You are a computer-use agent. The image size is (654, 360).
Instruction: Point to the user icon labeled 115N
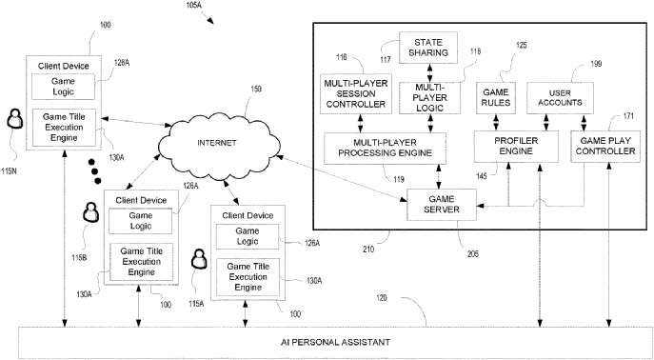click(15, 119)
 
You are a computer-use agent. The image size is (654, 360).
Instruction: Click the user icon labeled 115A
click(199, 258)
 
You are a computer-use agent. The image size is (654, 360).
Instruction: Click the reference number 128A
click(120, 63)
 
